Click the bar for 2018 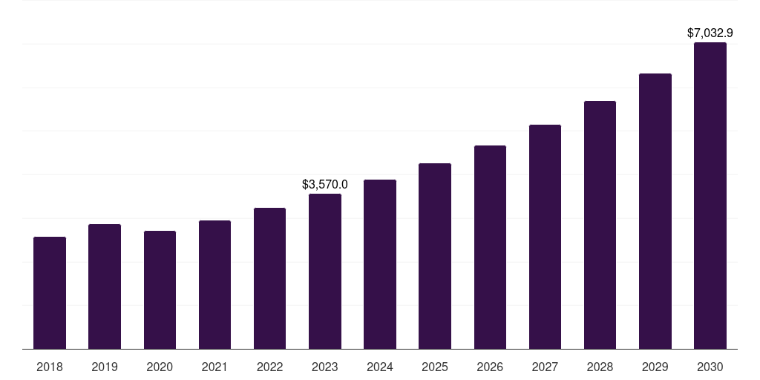pyautogui.click(x=50, y=293)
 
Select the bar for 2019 pyautogui.click(x=105, y=286)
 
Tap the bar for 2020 pyautogui.click(x=160, y=290)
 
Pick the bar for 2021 pyautogui.click(x=214, y=285)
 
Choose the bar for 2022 pyautogui.click(x=269, y=278)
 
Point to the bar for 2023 pyautogui.click(x=325, y=272)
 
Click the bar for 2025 pyautogui.click(x=435, y=256)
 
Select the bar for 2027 pyautogui.click(x=545, y=237)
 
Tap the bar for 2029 pyautogui.click(x=655, y=212)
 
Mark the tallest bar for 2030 pyautogui.click(x=710, y=196)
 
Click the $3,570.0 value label pyautogui.click(x=325, y=184)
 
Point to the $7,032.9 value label pyautogui.click(x=710, y=33)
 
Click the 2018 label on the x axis pyautogui.click(x=50, y=367)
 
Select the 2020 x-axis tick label pyautogui.click(x=160, y=367)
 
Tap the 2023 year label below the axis pyautogui.click(x=325, y=367)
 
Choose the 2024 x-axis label pyautogui.click(x=380, y=367)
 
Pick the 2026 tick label pyautogui.click(x=490, y=367)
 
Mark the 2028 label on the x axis pyautogui.click(x=600, y=367)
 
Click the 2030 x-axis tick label pyautogui.click(x=710, y=367)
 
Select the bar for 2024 pyautogui.click(x=380, y=264)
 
